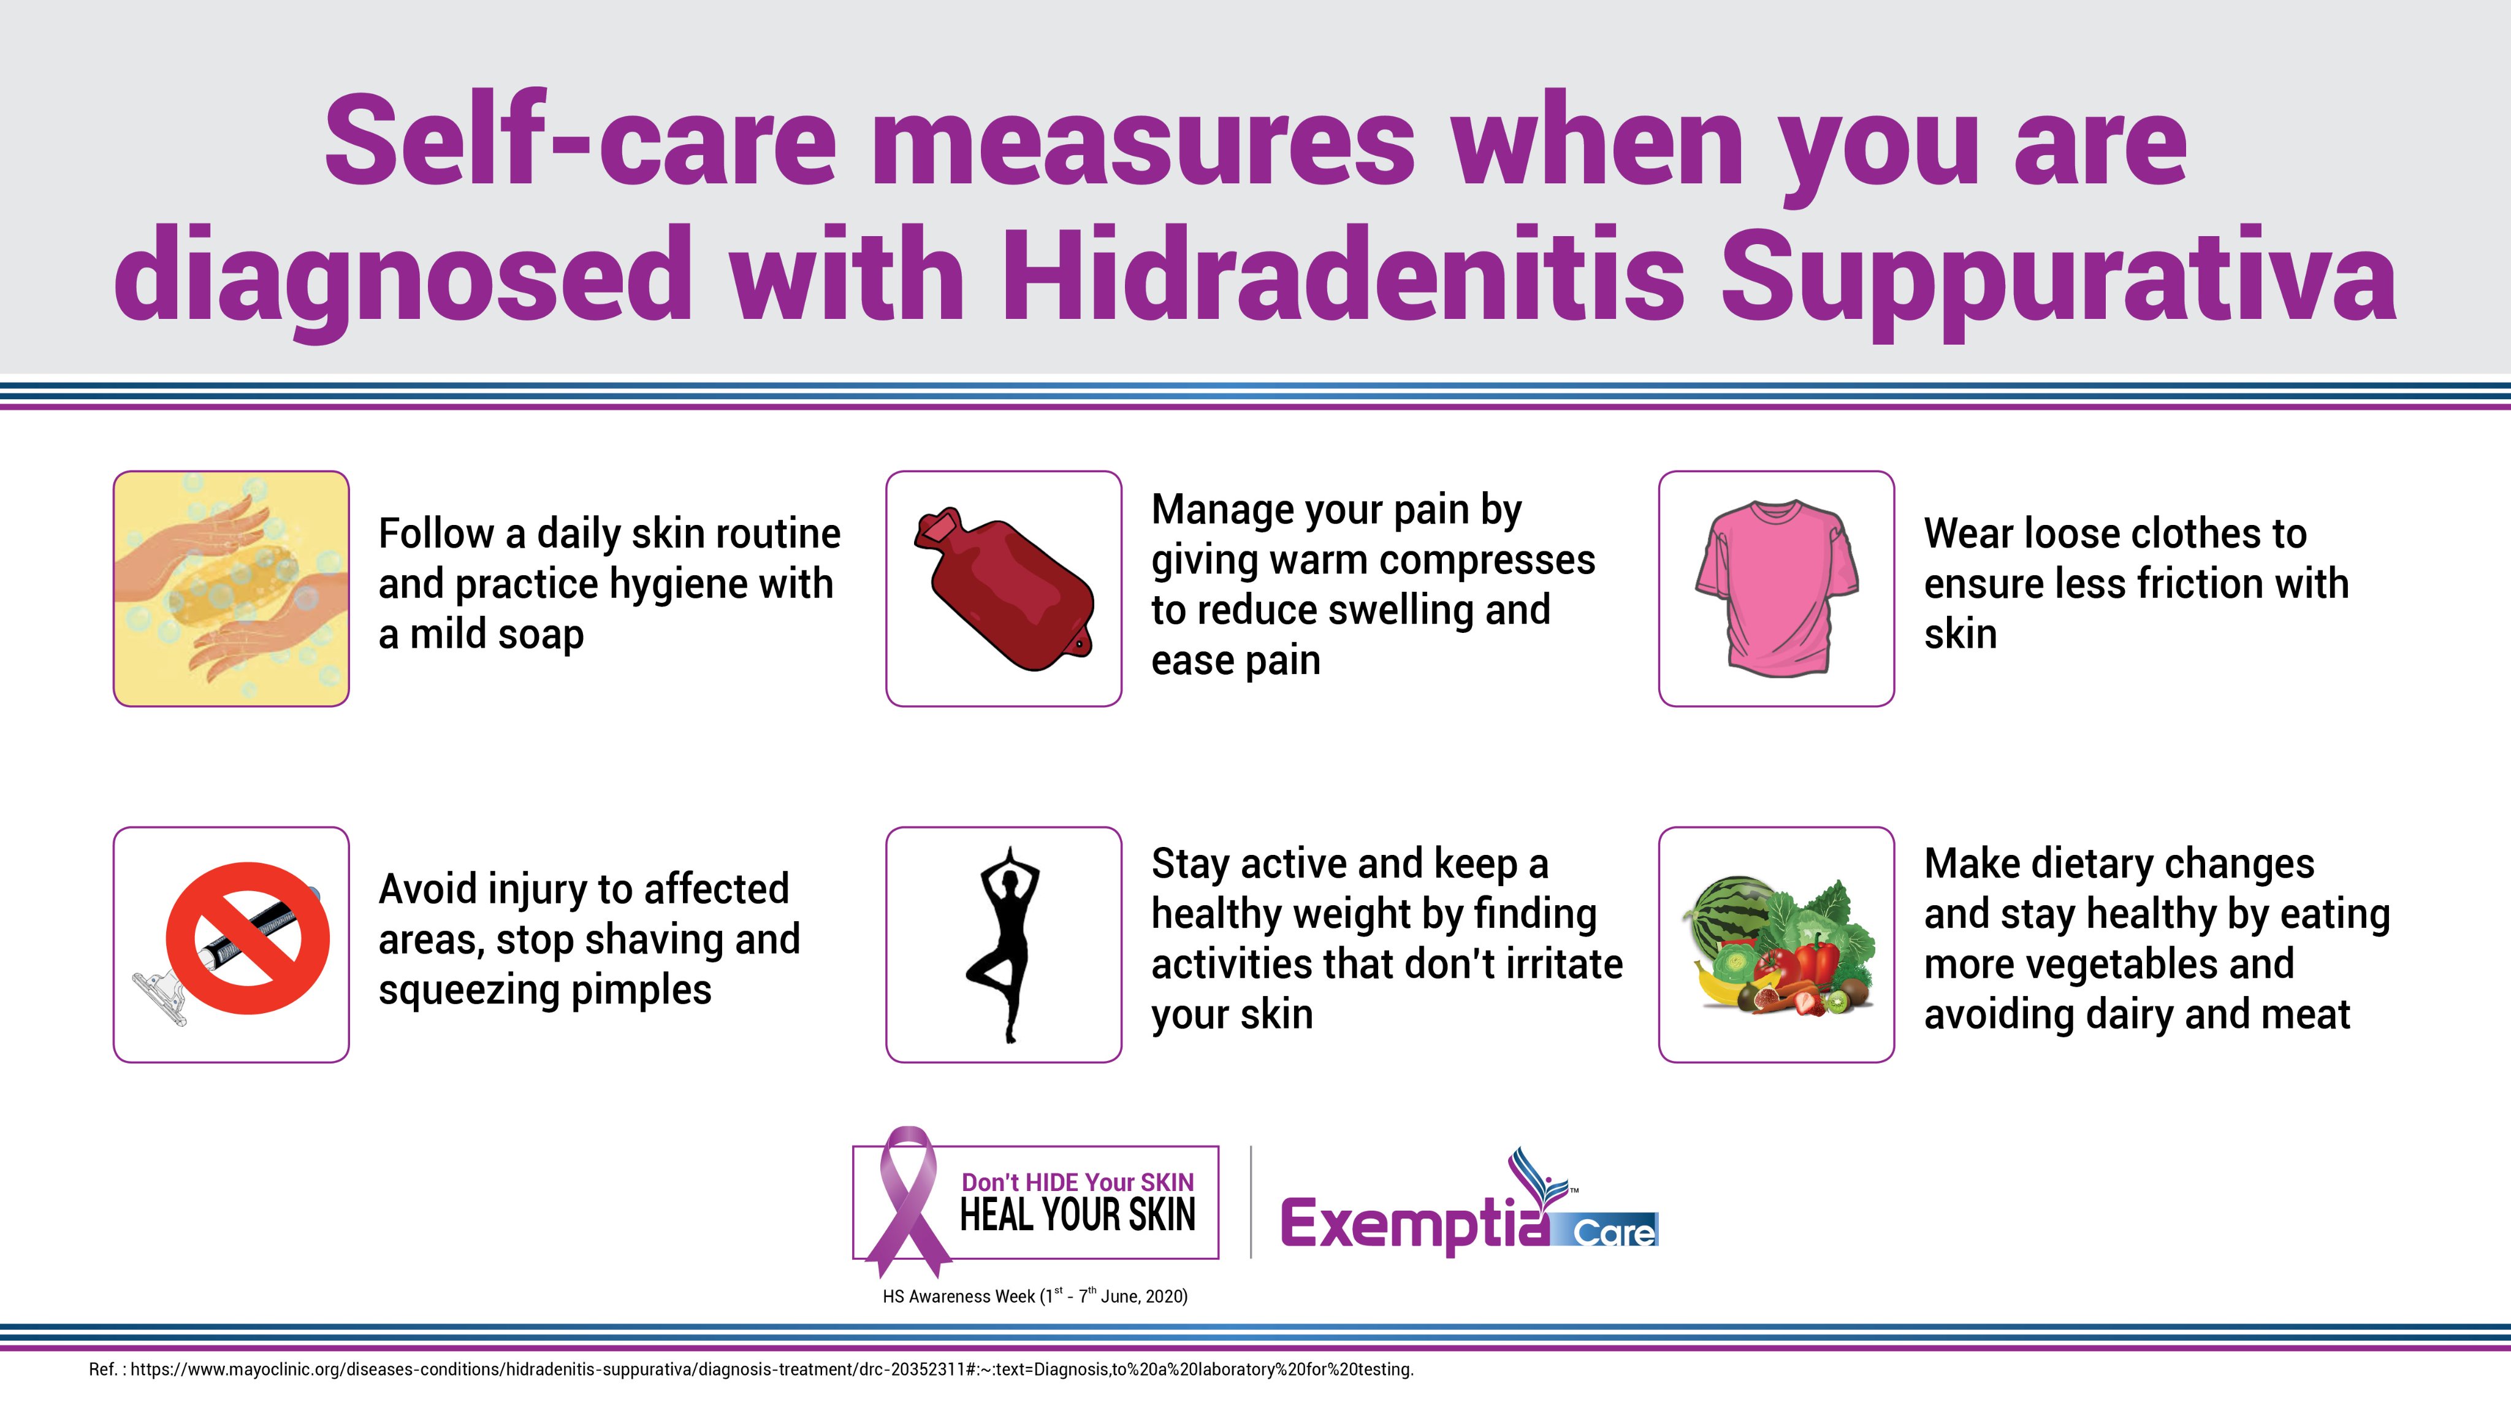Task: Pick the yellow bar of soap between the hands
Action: tap(230, 585)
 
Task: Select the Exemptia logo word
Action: tap(1414, 1224)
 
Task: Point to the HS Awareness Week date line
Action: tap(1035, 1296)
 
